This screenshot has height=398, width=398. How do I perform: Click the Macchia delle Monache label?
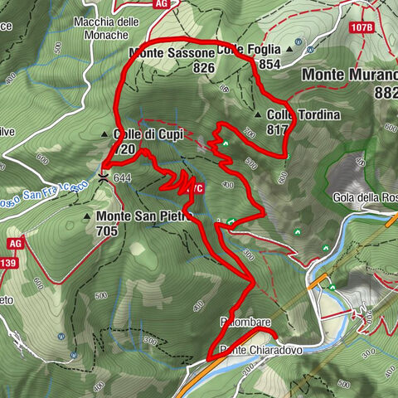coord(113,28)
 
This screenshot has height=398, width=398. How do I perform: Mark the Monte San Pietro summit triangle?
coord(88,216)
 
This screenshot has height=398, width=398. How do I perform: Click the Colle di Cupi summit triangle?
coord(104,134)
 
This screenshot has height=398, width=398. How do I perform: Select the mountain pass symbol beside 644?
coord(103,177)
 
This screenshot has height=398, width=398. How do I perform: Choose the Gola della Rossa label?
coord(366,197)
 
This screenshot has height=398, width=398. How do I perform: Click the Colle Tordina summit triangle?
coord(259,115)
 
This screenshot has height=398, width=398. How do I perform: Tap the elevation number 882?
coord(386,93)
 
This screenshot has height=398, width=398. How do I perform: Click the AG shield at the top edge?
coord(163,3)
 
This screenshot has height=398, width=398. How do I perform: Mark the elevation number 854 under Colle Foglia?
coord(269,64)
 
